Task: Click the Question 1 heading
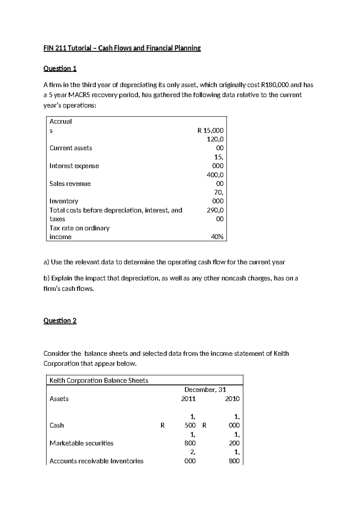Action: (60, 69)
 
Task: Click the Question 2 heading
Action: (60, 321)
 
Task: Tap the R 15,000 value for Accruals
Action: (210, 131)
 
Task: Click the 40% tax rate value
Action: (217, 237)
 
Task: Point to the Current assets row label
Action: (71, 148)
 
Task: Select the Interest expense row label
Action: (74, 166)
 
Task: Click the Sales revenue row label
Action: (70, 184)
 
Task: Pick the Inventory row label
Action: (64, 201)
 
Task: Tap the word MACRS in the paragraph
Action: (79, 95)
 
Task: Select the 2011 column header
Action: (188, 399)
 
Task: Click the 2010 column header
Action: (232, 399)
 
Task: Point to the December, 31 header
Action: (205, 390)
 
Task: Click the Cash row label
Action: (57, 425)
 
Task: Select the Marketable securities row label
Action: (81, 443)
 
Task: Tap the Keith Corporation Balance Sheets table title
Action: (99, 381)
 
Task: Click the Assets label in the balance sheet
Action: (59, 399)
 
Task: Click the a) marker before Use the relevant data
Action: (46, 262)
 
